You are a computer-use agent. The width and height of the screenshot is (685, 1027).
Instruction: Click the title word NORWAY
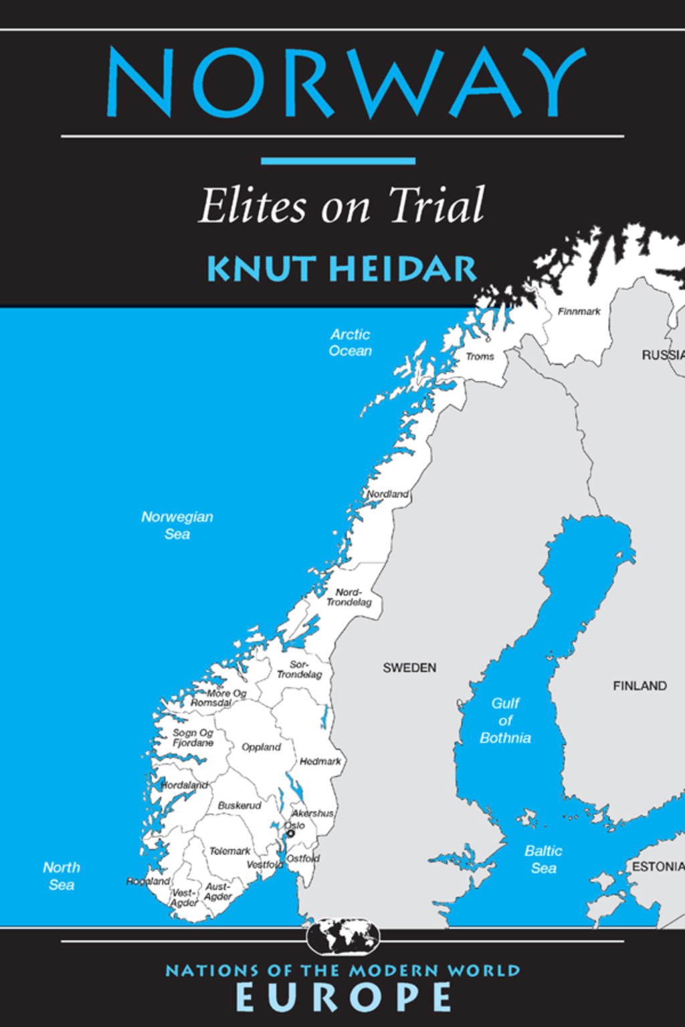pos(346,83)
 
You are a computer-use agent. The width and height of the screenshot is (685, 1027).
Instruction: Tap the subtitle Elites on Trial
pos(342,206)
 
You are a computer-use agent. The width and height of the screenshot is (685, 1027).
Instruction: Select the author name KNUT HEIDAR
pos(342,269)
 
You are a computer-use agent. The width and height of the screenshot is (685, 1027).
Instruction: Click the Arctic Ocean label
pos(350,342)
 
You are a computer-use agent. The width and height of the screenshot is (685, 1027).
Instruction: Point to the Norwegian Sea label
pos(177,525)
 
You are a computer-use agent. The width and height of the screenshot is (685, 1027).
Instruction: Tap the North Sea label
pos(62,876)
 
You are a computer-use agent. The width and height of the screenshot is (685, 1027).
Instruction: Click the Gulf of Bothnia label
pos(505,721)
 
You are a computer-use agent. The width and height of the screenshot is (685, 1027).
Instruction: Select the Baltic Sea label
pos(543,859)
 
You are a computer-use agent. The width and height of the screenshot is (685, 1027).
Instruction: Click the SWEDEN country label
pos(409,668)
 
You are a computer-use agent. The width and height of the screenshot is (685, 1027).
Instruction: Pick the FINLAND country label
pos(640,686)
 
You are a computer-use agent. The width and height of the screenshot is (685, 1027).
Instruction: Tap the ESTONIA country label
pos(657,867)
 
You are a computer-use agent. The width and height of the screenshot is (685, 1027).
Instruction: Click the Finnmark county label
pos(579,312)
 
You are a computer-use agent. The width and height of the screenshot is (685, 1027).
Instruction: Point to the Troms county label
pos(480,357)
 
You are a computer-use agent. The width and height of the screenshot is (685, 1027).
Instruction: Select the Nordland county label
pos(388,494)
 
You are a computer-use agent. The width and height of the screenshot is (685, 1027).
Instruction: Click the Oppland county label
pos(261,747)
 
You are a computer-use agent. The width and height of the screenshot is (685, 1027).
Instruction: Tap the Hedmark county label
pos(320,762)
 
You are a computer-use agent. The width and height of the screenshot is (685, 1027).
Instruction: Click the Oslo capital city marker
pos(291,834)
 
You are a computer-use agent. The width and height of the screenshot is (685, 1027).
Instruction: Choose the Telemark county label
pos(229,851)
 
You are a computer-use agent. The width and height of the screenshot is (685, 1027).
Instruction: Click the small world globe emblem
pos(343,936)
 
